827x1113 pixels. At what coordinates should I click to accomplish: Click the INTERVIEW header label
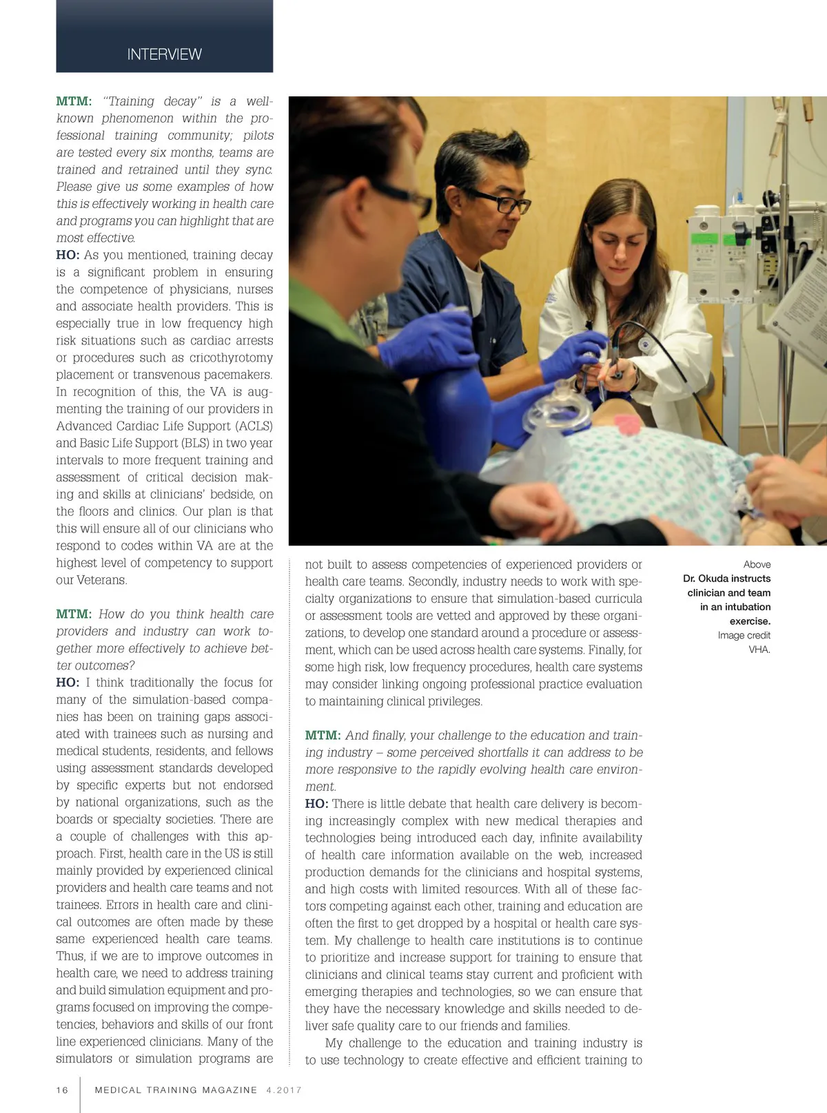tap(164, 54)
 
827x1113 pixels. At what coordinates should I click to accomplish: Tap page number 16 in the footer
tap(63, 1090)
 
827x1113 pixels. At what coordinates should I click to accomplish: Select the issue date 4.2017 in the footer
tap(283, 1090)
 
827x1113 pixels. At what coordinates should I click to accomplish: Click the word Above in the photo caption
tap(757, 564)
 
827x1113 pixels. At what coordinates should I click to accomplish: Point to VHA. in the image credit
tap(759, 649)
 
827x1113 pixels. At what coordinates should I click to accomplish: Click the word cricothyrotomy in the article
tap(222, 357)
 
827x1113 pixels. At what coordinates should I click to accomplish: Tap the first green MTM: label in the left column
tap(74, 101)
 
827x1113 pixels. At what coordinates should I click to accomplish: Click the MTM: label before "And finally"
tap(323, 736)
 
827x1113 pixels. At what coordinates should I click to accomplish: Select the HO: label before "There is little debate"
tap(316, 804)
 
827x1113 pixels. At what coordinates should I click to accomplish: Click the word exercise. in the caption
tap(750, 621)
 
